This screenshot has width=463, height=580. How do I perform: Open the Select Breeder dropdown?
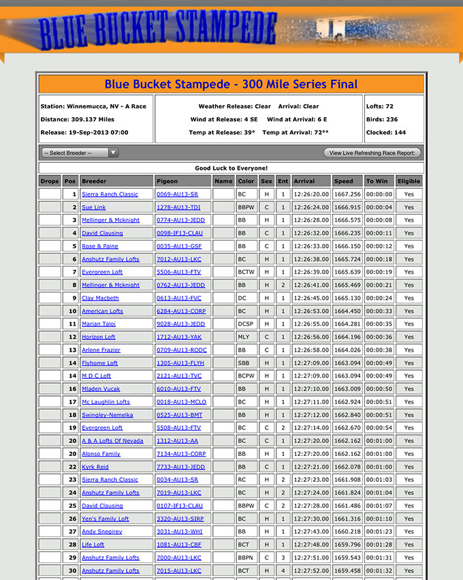pyautogui.click(x=80, y=153)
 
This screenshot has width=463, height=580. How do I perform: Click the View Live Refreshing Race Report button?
pyautogui.click(x=372, y=153)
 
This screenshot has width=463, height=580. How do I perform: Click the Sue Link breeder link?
pyautogui.click(x=94, y=207)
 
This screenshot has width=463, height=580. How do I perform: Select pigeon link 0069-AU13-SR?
pyautogui.click(x=177, y=194)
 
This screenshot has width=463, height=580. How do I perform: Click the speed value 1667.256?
pyautogui.click(x=347, y=194)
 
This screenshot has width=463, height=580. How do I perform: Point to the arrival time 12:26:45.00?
pyautogui.click(x=311, y=298)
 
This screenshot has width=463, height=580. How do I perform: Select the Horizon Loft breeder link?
pyautogui.click(x=99, y=337)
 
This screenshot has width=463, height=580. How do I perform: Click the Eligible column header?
pyautogui.click(x=409, y=181)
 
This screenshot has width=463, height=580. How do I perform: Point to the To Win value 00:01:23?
pyautogui.click(x=379, y=532)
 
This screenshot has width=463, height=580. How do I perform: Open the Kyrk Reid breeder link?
pyautogui.click(x=95, y=467)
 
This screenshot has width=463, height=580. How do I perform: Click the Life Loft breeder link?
pyautogui.click(x=93, y=545)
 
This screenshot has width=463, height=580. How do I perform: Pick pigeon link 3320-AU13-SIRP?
pyautogui.click(x=180, y=519)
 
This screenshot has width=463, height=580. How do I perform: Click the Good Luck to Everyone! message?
pyautogui.click(x=231, y=168)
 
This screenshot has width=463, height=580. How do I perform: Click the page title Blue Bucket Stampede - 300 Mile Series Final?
pyautogui.click(x=231, y=85)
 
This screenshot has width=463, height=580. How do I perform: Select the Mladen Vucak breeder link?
pyautogui.click(x=101, y=389)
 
